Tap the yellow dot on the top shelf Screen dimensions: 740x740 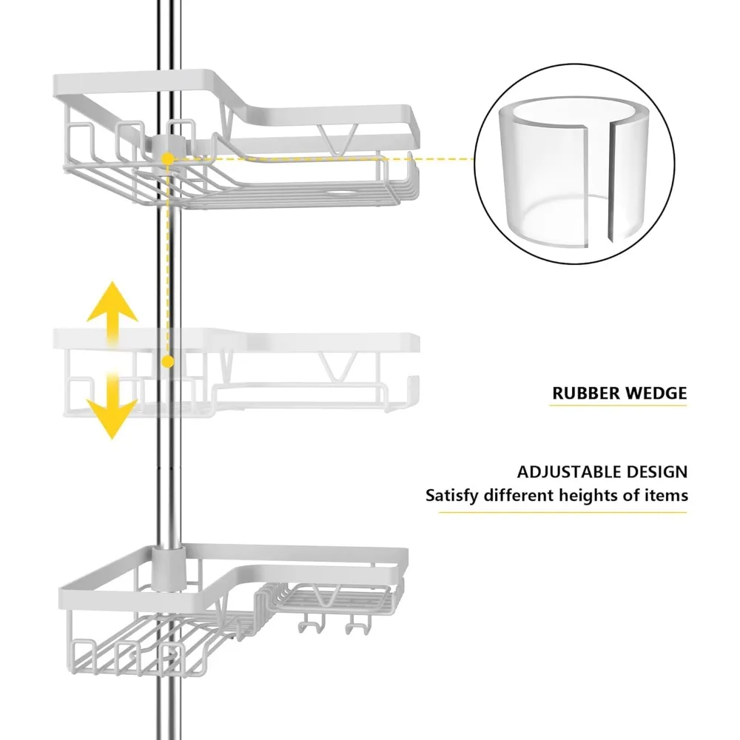tap(169, 158)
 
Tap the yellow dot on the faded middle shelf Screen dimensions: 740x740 tap(169, 361)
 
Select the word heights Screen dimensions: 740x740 tap(593, 495)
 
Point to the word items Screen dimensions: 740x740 tap(665, 495)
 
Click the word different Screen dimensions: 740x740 tap(521, 495)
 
